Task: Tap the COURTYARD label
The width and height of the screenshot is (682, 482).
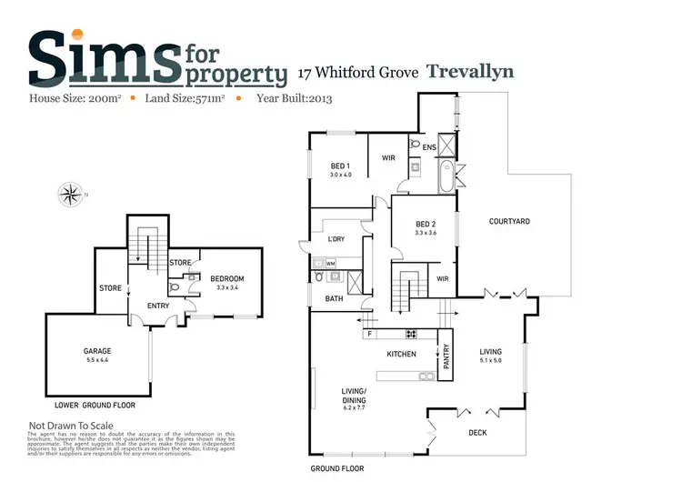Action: point(509,221)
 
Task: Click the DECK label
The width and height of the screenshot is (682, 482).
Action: point(476,433)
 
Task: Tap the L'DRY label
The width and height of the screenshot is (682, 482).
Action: point(326,238)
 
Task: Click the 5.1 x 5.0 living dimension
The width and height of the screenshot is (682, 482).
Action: point(491,359)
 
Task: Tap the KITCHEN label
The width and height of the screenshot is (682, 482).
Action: point(401,354)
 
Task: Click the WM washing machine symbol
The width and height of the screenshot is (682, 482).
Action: point(330,263)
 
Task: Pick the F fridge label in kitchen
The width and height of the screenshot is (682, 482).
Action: point(368,334)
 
